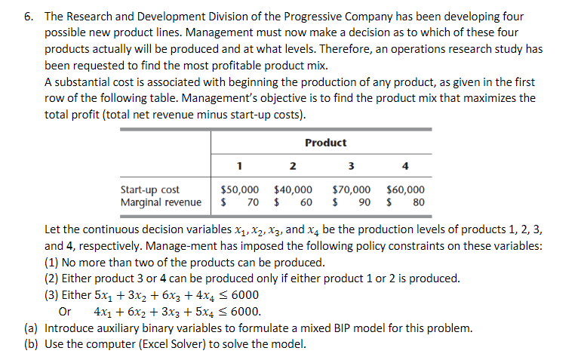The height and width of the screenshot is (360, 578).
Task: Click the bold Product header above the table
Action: click(325, 143)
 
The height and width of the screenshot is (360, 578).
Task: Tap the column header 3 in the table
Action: click(352, 167)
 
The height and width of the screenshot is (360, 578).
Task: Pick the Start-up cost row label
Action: click(150, 190)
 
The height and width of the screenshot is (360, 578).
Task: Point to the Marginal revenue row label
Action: click(161, 202)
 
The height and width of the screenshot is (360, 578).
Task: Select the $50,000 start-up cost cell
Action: click(239, 190)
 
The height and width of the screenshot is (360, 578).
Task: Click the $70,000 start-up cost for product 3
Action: click(351, 190)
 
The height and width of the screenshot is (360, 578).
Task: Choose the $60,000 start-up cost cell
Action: click(405, 190)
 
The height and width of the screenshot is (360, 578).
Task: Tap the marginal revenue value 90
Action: click(363, 202)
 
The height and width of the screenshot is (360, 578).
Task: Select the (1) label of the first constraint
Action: click(52, 262)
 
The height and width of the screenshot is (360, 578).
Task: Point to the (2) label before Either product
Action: click(52, 278)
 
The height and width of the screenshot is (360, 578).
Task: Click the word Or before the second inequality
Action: click(65, 311)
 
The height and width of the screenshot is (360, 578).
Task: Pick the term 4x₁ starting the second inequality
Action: click(104, 311)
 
